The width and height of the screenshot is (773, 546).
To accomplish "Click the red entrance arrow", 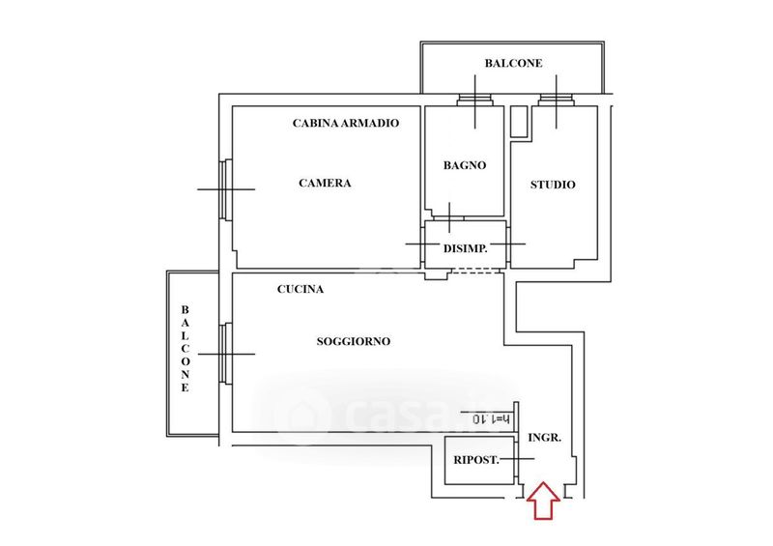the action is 543,502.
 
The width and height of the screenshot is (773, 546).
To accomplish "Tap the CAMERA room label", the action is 325,184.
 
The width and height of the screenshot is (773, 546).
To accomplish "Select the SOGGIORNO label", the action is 353,341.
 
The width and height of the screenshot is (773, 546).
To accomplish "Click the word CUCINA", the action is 300,289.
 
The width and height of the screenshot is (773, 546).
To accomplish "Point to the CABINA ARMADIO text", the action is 345,123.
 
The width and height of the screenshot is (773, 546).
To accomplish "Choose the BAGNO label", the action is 465,165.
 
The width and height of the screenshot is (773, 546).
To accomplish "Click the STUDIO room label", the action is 553,185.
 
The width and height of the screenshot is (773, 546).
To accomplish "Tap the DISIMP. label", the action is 465,248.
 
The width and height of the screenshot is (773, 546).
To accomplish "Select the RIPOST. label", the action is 476,460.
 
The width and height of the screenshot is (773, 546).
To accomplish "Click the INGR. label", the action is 545,438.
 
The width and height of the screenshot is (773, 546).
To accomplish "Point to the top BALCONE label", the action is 513,64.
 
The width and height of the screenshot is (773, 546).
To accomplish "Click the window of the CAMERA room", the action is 225,189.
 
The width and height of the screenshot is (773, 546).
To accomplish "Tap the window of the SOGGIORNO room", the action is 225,354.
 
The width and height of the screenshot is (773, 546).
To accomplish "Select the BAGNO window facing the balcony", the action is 474,100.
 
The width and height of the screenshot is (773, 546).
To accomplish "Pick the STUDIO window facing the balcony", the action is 558,100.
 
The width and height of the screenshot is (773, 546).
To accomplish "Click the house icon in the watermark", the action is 294,416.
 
